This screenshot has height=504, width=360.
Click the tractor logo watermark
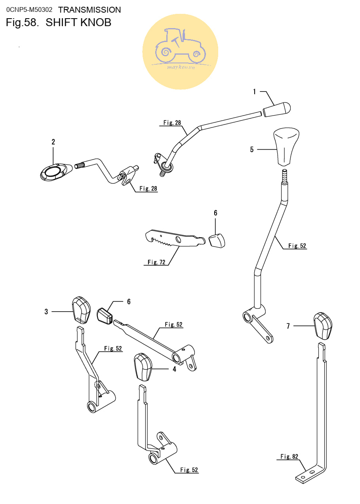180,51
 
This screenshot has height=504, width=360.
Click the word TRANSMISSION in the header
90,10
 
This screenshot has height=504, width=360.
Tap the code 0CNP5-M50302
29,10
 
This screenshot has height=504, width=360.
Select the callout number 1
254,91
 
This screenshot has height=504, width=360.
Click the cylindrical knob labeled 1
277,109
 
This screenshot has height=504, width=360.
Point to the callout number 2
53,142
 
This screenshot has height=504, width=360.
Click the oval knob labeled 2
56,172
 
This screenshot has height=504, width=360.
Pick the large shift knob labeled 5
286,147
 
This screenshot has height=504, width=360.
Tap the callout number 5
252,149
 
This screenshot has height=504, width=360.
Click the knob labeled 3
81,310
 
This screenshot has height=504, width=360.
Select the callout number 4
174,369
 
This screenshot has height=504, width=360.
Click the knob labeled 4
143,367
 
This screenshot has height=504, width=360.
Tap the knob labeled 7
323,326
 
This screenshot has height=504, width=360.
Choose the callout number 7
288,326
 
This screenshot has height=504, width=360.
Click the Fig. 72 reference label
156,262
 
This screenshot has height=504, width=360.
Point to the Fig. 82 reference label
289,456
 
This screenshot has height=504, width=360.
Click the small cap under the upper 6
217,241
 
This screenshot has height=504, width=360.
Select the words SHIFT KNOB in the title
78,23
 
